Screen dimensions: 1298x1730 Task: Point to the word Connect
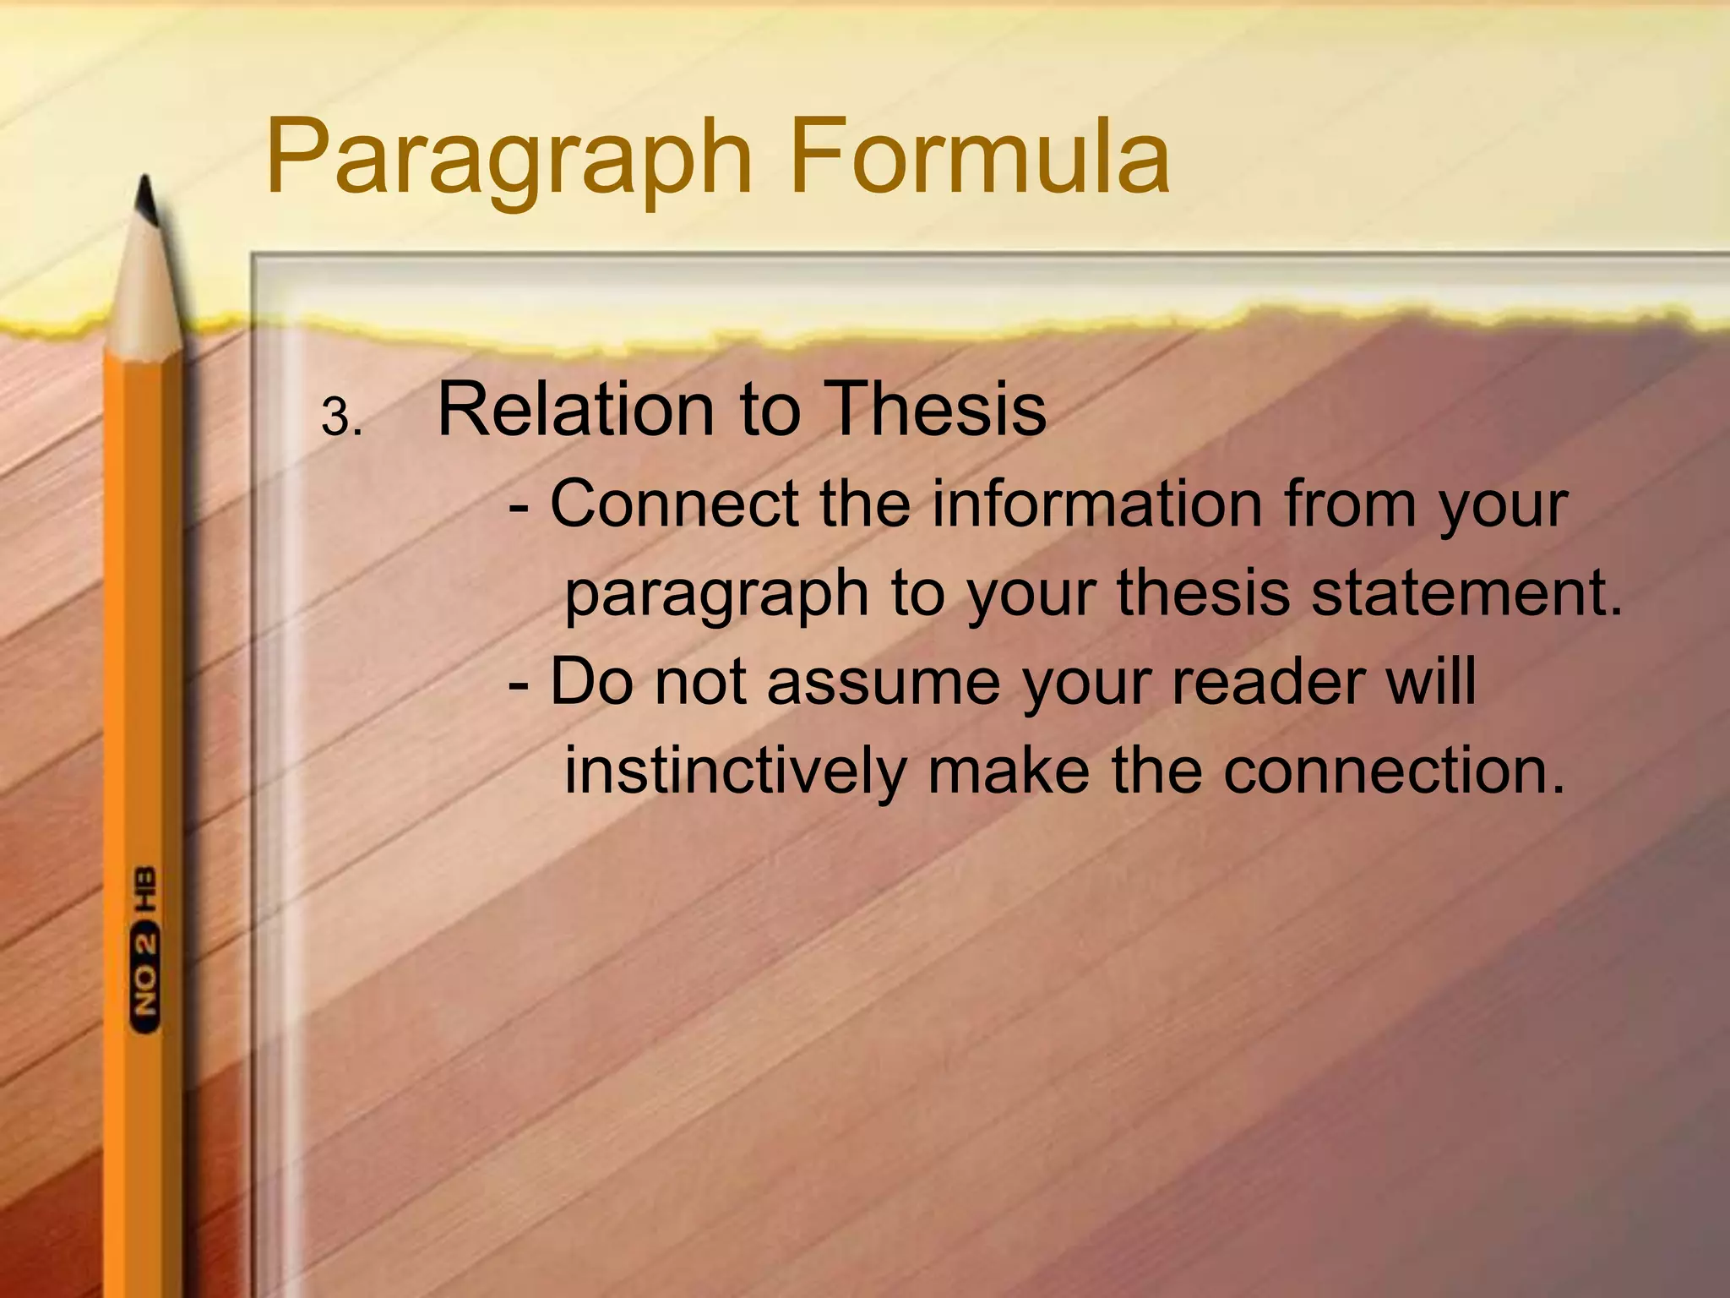point(674,504)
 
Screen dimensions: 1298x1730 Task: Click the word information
point(1096,504)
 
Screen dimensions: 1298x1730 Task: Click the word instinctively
point(734,771)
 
